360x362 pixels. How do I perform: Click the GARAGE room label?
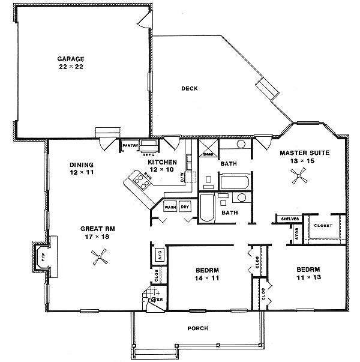point(70,58)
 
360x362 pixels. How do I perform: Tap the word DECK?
point(190,88)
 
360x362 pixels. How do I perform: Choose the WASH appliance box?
point(170,207)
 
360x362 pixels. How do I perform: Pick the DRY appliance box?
point(185,207)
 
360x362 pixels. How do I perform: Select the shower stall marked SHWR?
point(208,148)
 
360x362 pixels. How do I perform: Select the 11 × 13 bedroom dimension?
point(306,278)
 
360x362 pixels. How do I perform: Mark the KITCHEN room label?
point(162,162)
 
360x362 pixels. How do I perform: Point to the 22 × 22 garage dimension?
point(70,67)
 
